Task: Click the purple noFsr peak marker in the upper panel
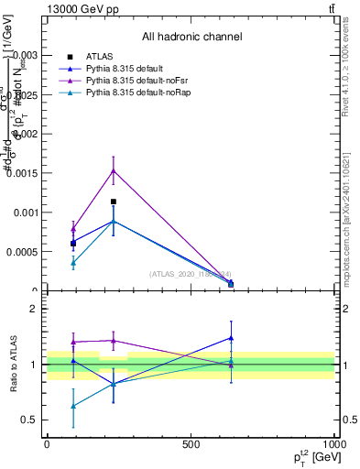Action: coord(113,170)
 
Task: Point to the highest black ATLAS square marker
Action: coord(113,202)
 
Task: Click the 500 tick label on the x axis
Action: coord(191,443)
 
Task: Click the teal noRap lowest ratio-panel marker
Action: coord(72,406)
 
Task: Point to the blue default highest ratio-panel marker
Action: coord(231,337)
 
